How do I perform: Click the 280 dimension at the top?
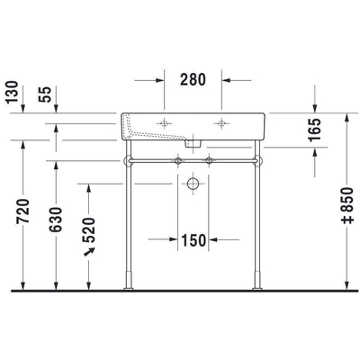(x=193, y=78)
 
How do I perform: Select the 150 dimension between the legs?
(x=194, y=240)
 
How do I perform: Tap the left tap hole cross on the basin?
(x=165, y=123)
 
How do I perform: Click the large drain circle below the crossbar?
(x=193, y=183)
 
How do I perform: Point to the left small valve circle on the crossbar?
(x=179, y=161)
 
